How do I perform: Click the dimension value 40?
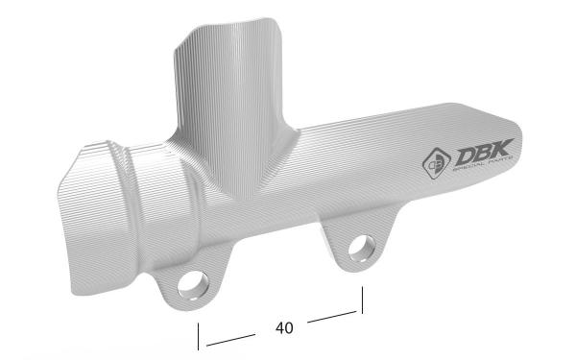click(x=284, y=328)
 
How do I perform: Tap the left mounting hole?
click(x=193, y=285)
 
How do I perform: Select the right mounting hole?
click(x=362, y=249)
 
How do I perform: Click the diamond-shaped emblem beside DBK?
click(x=437, y=163)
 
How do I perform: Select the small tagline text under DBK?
click(x=482, y=164)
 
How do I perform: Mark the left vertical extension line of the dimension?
click(x=199, y=337)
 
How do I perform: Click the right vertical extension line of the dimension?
click(x=362, y=300)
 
